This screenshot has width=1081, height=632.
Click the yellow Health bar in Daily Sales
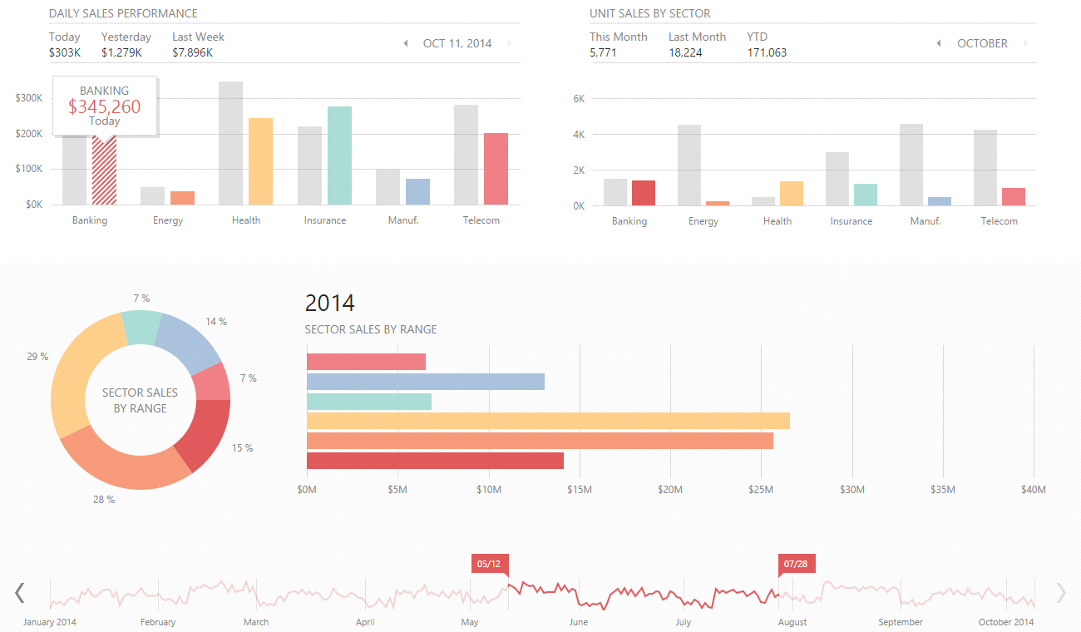click(260, 161)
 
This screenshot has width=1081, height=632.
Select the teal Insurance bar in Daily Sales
click(339, 156)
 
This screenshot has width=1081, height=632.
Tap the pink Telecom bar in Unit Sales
click(1013, 196)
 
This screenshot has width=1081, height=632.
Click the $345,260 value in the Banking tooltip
click(105, 106)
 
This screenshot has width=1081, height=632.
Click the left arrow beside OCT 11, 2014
click(406, 43)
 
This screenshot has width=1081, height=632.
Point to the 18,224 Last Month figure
click(685, 52)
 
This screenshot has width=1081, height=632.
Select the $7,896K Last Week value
click(193, 52)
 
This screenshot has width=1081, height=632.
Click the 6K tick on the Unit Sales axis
click(580, 98)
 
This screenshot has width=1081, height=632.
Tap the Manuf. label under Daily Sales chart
click(402, 220)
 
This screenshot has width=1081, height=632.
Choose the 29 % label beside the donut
click(37, 357)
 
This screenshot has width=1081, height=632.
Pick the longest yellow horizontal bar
click(548, 421)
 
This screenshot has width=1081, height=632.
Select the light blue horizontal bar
click(426, 382)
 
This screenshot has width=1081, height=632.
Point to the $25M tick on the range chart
click(761, 490)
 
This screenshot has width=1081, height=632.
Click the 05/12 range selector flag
click(488, 564)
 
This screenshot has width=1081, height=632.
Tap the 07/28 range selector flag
click(796, 564)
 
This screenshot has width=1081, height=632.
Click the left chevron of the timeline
click(20, 592)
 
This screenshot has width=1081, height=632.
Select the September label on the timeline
click(901, 622)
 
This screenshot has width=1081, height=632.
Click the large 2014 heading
click(330, 303)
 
